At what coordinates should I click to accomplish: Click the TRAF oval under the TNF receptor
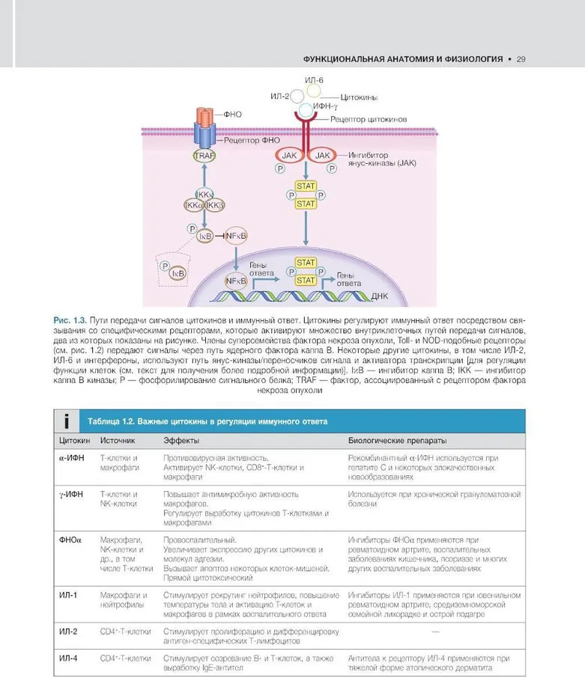(204, 156)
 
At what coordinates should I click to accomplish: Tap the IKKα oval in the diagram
(194, 204)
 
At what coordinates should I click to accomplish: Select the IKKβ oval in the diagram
(214, 204)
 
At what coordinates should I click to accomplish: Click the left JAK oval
(289, 155)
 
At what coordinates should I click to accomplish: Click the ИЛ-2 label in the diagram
(279, 96)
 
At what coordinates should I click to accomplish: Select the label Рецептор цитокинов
(368, 119)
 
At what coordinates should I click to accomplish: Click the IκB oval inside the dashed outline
(178, 273)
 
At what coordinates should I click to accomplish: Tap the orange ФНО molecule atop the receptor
(204, 117)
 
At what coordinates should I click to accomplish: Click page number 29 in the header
(521, 58)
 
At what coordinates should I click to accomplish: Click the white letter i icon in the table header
(67, 421)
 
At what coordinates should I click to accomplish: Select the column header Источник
(118, 442)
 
